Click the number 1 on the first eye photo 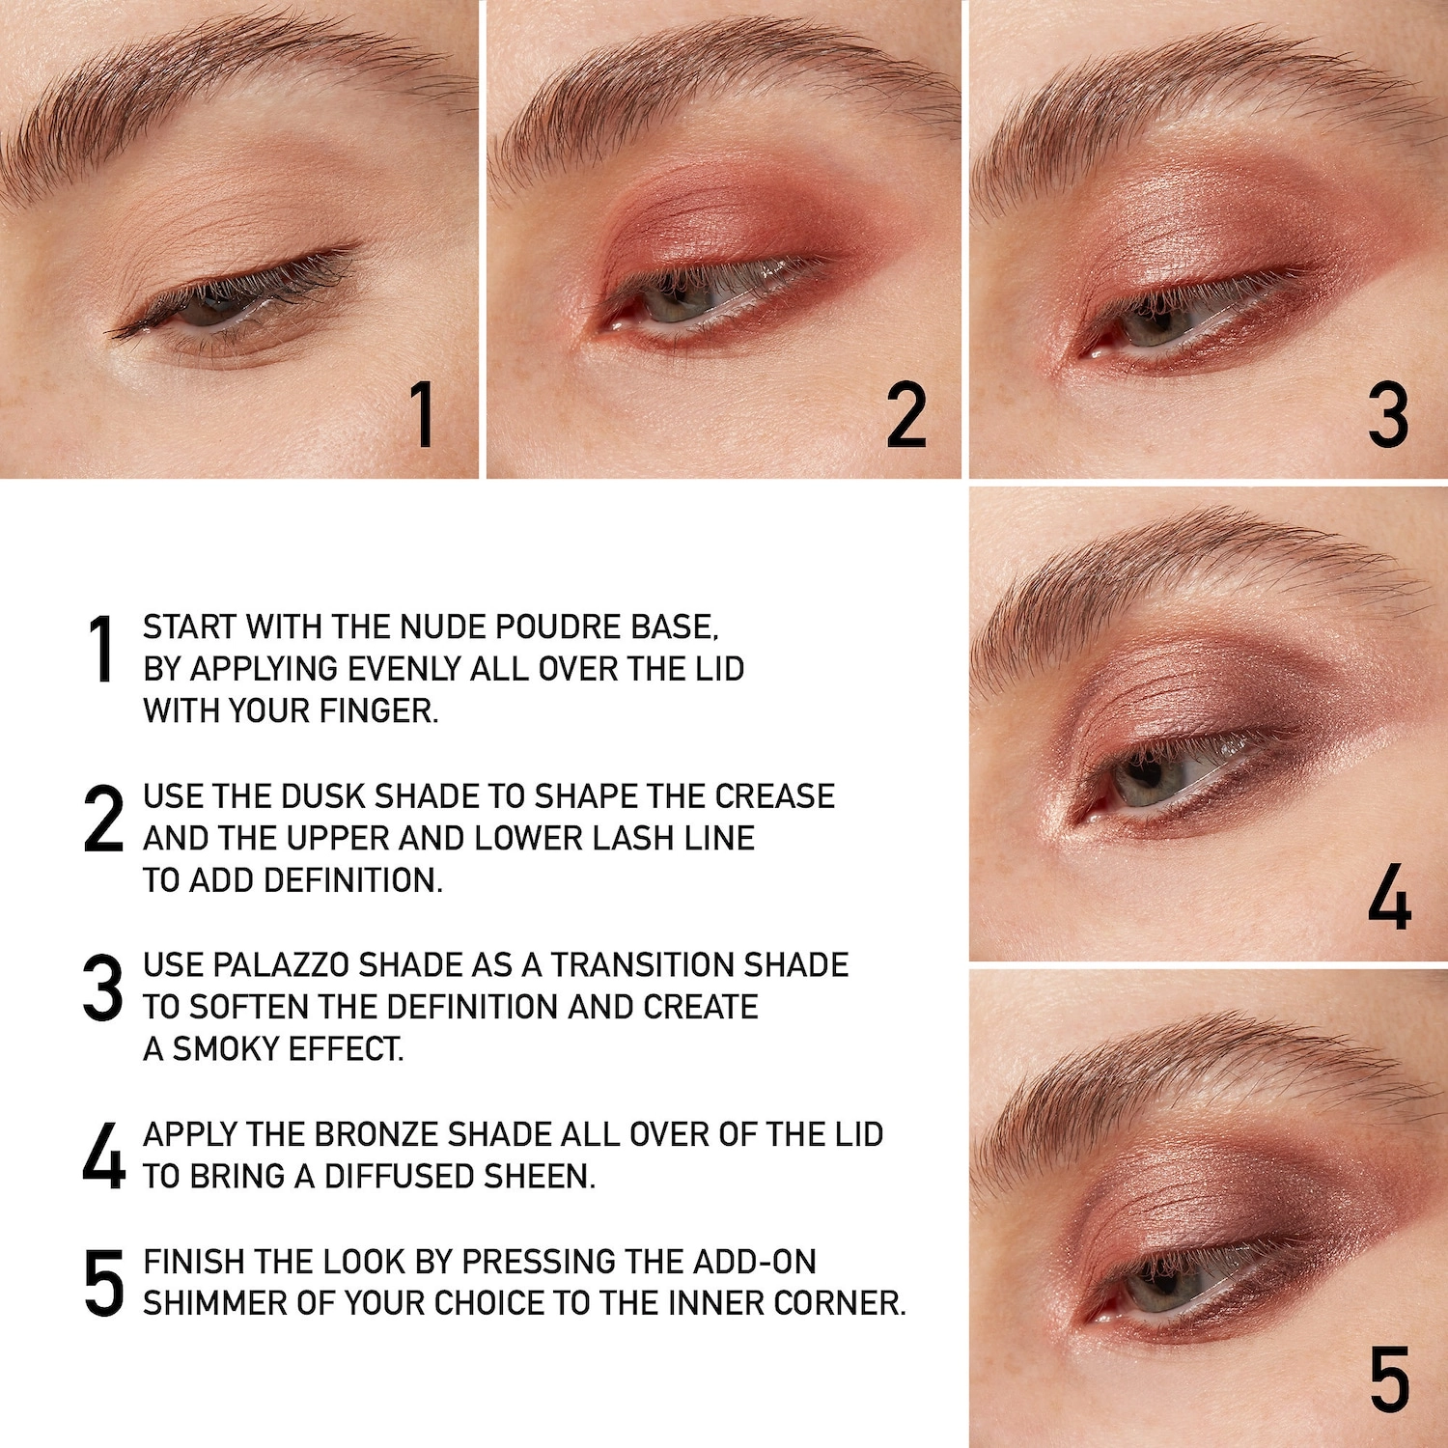[422, 414]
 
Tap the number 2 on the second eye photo [906, 415]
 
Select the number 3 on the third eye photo [1388, 415]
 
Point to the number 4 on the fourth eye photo [1390, 897]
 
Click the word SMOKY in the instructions [220, 1049]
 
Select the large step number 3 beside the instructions [103, 988]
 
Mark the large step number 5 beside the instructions [104, 1283]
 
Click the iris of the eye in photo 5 [1156, 1290]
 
